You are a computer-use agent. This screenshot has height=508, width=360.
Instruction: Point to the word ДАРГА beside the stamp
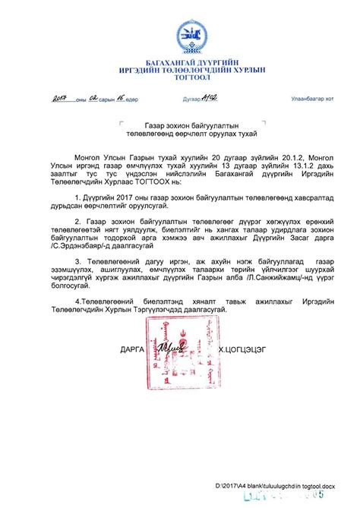tap(132, 351)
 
